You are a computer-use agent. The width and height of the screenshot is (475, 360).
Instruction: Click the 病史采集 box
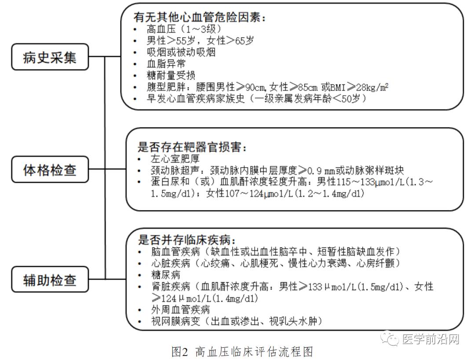click(x=50, y=57)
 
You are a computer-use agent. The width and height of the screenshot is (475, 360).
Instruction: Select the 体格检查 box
click(x=50, y=170)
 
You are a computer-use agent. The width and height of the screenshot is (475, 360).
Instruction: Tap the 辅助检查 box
click(x=50, y=280)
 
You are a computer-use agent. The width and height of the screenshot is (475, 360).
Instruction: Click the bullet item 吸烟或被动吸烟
click(x=181, y=52)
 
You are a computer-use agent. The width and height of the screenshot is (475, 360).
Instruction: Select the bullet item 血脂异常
click(x=166, y=64)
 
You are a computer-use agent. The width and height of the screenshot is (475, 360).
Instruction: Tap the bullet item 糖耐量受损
click(x=171, y=75)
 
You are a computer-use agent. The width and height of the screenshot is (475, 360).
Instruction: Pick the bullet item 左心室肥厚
click(x=175, y=159)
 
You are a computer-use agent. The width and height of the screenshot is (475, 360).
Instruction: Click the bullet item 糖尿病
click(x=166, y=275)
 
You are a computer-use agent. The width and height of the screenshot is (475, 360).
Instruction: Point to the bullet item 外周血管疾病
click(x=180, y=309)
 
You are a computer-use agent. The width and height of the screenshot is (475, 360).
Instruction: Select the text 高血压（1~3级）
click(x=184, y=29)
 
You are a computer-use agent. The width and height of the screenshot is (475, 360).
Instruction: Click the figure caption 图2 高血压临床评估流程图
click(x=242, y=352)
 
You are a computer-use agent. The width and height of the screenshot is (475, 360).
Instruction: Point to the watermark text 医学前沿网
click(x=431, y=339)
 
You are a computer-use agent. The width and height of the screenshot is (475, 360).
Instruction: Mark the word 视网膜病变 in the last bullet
click(x=175, y=321)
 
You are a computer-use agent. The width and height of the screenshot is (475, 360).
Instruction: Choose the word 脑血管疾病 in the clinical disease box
click(x=175, y=251)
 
